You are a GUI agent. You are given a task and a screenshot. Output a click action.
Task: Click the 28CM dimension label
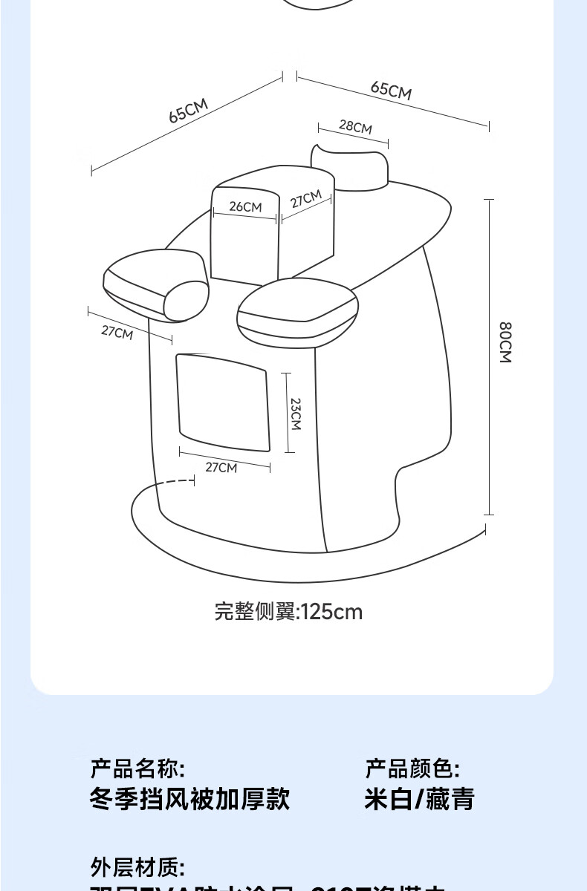[x=355, y=126]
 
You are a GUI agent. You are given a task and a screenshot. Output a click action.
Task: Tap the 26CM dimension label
[x=245, y=206]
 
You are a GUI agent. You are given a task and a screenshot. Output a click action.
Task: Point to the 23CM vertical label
[x=295, y=414]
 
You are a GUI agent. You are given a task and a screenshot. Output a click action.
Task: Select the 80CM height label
[x=505, y=342]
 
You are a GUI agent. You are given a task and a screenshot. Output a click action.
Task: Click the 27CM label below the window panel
[x=221, y=467]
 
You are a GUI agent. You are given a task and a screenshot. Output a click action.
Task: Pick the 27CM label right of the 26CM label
[x=305, y=200]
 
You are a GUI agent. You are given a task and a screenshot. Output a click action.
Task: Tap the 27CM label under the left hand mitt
[x=117, y=333]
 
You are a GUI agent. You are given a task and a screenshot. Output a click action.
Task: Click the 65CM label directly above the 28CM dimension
[x=391, y=90]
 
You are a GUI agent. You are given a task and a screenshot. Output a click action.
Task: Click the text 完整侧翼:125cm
[x=288, y=612]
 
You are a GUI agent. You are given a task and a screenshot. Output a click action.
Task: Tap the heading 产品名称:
[x=137, y=768]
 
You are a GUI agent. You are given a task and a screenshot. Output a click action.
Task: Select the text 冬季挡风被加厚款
[x=189, y=800]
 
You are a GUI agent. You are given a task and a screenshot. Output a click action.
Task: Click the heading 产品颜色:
[x=412, y=768]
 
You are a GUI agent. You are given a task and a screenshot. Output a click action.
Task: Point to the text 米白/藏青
[x=419, y=800]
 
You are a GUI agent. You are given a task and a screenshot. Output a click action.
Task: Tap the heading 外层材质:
[x=137, y=866]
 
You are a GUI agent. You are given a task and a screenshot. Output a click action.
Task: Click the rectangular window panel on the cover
[x=221, y=402]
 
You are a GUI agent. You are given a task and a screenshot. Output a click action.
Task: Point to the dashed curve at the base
[x=175, y=484]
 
